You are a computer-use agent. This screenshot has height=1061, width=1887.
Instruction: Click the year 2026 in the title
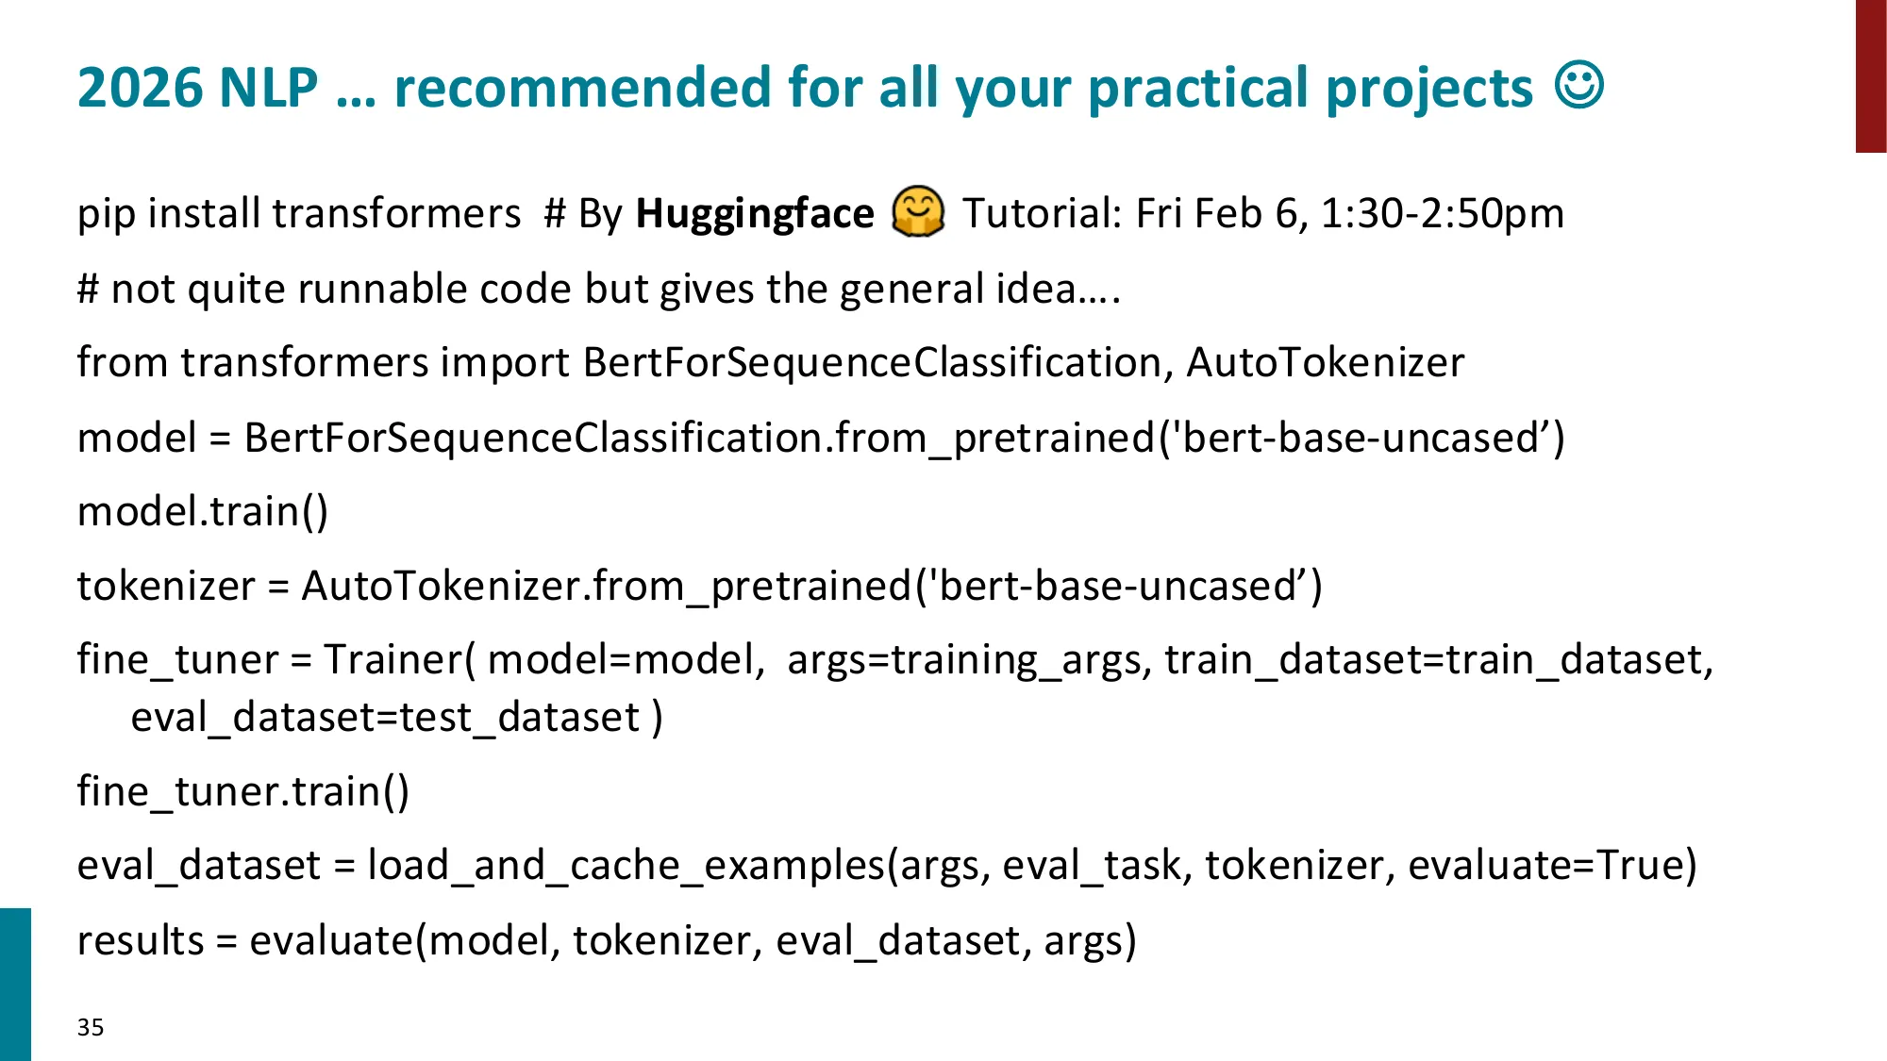pos(141,88)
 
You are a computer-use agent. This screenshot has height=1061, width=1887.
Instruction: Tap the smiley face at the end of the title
pos(1579,86)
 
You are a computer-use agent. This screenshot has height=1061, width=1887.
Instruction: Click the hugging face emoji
pos(918,212)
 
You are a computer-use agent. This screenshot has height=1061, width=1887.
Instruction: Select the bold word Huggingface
pos(755,214)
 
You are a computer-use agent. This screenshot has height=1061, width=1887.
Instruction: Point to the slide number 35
pos(91,1027)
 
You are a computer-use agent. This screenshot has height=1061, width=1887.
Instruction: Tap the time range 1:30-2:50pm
pos(1442,213)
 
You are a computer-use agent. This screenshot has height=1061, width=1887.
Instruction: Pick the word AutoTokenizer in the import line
pos(1326,362)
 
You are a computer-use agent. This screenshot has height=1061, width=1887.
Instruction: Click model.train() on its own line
pos(203,511)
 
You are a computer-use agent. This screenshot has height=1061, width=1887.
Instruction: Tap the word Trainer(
pos(400,659)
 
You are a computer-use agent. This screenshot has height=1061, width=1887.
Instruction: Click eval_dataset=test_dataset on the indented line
pos(386,718)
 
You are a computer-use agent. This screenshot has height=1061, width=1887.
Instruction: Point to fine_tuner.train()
pos(243,791)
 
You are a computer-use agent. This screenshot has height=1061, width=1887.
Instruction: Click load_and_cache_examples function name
pos(626,865)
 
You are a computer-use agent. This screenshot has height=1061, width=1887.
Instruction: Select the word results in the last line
pos(141,940)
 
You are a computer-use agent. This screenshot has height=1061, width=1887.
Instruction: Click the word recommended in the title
pos(581,88)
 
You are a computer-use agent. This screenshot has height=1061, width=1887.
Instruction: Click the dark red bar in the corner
pos(1871,76)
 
